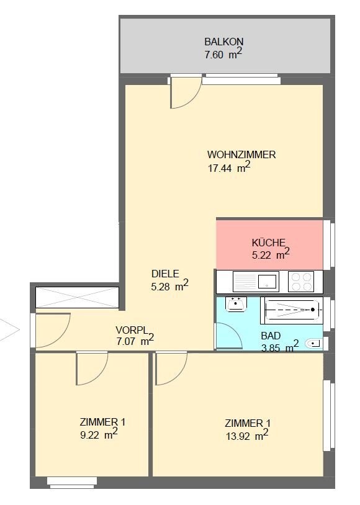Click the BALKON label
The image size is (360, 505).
click(x=223, y=42)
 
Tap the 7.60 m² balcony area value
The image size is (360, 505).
click(x=223, y=54)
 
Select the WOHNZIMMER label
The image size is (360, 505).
click(x=241, y=154)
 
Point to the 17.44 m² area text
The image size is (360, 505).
click(x=229, y=167)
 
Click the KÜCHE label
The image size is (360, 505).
click(x=269, y=242)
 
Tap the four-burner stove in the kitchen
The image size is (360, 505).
click(x=301, y=282)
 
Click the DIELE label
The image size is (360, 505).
click(x=165, y=274)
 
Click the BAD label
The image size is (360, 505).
click(x=271, y=336)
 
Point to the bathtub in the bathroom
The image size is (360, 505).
click(x=292, y=310)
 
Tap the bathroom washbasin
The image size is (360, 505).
click(x=236, y=304)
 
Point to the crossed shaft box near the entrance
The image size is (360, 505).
click(x=77, y=298)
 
